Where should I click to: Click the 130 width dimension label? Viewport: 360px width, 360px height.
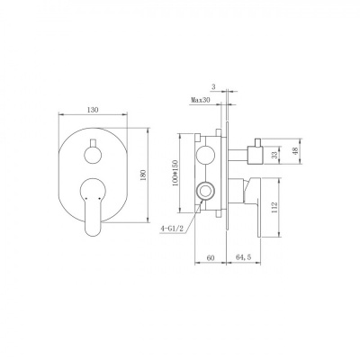[93, 110]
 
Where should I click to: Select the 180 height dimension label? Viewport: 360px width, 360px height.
[143, 175]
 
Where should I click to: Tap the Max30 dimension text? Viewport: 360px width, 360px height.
[201, 100]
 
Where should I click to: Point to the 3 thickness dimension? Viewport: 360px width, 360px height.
[213, 87]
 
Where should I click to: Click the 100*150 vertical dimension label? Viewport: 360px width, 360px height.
[175, 173]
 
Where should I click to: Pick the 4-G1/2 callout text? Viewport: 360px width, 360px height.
[172, 229]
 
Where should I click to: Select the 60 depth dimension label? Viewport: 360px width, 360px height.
[211, 257]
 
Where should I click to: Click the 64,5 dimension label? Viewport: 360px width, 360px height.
[243, 257]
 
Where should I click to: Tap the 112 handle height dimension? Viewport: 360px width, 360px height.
[274, 207]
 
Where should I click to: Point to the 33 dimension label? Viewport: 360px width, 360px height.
[274, 155]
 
